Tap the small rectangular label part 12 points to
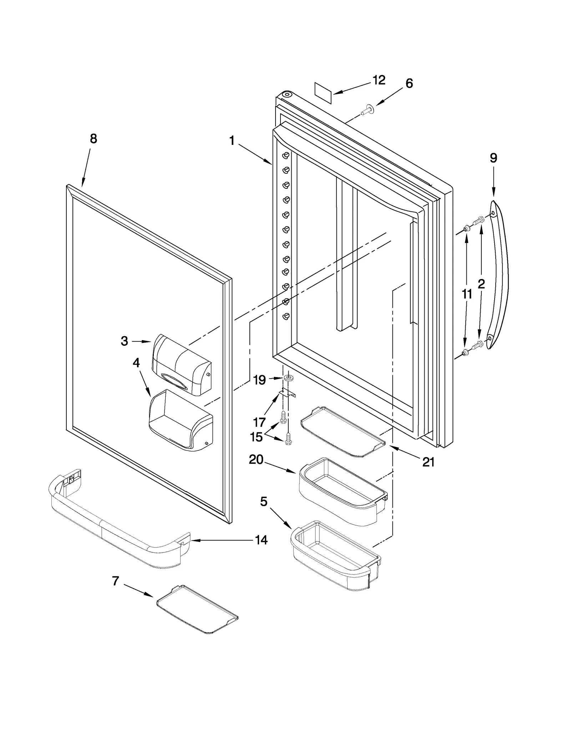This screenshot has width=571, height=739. click(323, 93)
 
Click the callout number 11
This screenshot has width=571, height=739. click(467, 294)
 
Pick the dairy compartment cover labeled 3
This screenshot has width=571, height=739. click(181, 365)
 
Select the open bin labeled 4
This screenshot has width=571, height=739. click(181, 421)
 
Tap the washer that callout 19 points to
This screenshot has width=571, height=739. click(288, 378)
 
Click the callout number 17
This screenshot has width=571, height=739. click(259, 422)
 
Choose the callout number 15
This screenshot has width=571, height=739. click(256, 437)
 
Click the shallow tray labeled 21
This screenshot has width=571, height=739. click(343, 432)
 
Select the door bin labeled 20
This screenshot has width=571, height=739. click(342, 492)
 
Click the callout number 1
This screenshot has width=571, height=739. click(232, 141)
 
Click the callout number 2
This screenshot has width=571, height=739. click(481, 284)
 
